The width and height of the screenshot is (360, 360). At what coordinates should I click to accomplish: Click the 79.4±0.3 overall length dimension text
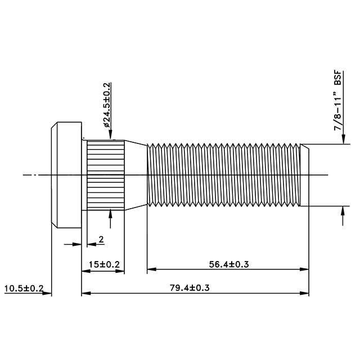tap(190, 288)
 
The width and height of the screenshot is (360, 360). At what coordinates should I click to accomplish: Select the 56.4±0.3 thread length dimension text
tap(229, 264)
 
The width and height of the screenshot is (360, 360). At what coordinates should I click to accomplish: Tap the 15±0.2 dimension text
tap(104, 264)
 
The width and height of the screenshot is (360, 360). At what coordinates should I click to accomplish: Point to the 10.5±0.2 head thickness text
tap(24, 289)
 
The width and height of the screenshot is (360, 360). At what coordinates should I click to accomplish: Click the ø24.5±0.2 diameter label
tap(107, 105)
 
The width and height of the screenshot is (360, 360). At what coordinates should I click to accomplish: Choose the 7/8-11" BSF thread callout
tap(337, 101)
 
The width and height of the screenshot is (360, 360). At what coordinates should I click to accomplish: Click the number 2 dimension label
tap(101, 240)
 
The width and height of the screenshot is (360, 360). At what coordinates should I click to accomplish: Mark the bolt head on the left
tap(66, 175)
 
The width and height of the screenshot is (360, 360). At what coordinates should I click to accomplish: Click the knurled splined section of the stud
tap(106, 175)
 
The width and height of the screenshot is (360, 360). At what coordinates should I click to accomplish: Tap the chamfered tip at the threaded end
tap(305, 175)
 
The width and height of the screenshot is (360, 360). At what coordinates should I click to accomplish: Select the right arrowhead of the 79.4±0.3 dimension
tap(304, 293)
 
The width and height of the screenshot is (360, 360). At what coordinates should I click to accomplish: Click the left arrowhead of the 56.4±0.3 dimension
tap(151, 269)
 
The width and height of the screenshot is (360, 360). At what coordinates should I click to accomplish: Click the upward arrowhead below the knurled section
tap(110, 214)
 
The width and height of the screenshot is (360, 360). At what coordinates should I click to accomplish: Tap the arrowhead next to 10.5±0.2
tap(47, 293)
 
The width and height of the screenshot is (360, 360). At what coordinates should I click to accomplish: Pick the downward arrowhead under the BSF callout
tap(343, 139)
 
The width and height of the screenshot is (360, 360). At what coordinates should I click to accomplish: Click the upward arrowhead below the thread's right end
tap(343, 211)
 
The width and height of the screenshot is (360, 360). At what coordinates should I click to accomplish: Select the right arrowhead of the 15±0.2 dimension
tap(120, 271)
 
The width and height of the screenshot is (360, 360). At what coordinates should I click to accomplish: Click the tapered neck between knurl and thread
tap(136, 175)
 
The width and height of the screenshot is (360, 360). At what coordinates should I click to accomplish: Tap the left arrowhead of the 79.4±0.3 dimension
tap(86, 293)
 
